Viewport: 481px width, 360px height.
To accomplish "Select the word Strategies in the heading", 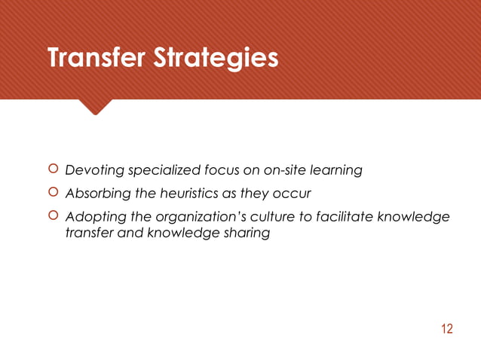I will tap(216, 59).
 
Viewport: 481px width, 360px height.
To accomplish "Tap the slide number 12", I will tap(447, 328).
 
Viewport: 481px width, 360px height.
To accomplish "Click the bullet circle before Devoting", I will tap(52, 169).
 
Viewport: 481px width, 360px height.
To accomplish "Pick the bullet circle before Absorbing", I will tap(52, 193).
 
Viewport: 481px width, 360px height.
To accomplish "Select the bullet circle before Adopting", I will tap(52, 216).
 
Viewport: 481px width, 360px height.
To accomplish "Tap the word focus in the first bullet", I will tap(217, 170).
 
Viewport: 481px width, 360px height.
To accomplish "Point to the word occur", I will tap(293, 194).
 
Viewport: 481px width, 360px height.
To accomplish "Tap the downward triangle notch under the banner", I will tap(95, 107).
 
